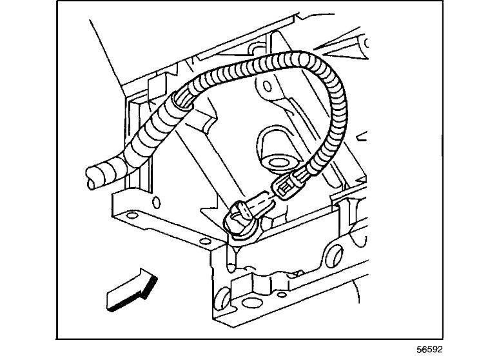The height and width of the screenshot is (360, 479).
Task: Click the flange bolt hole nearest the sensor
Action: (x=204, y=241)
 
